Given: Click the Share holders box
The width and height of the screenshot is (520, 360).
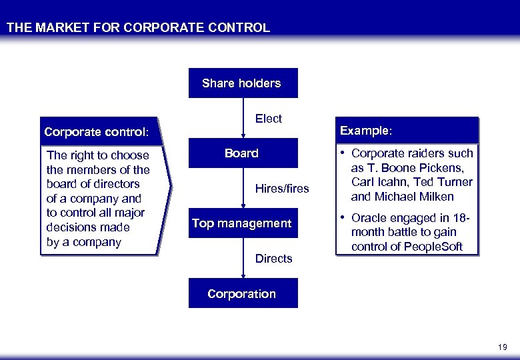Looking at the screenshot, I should tap(243, 83).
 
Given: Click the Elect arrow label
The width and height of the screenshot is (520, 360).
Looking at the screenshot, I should tap(269, 119).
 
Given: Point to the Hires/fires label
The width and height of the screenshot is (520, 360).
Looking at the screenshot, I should tap(282, 189).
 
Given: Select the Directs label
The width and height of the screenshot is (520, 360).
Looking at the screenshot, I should tap(273, 259).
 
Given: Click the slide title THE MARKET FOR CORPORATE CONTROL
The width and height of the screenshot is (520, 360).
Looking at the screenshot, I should tap(138, 28).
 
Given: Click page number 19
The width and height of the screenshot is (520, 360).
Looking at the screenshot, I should tap(502, 347).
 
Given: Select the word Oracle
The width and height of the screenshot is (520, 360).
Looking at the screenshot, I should tap(367, 218).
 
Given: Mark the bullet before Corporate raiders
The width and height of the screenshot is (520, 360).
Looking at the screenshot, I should tap(343, 153).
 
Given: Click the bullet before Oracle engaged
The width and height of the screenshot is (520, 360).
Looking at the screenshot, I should tap(343, 218).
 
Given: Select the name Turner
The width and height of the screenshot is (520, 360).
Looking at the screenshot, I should tap(456, 182).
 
